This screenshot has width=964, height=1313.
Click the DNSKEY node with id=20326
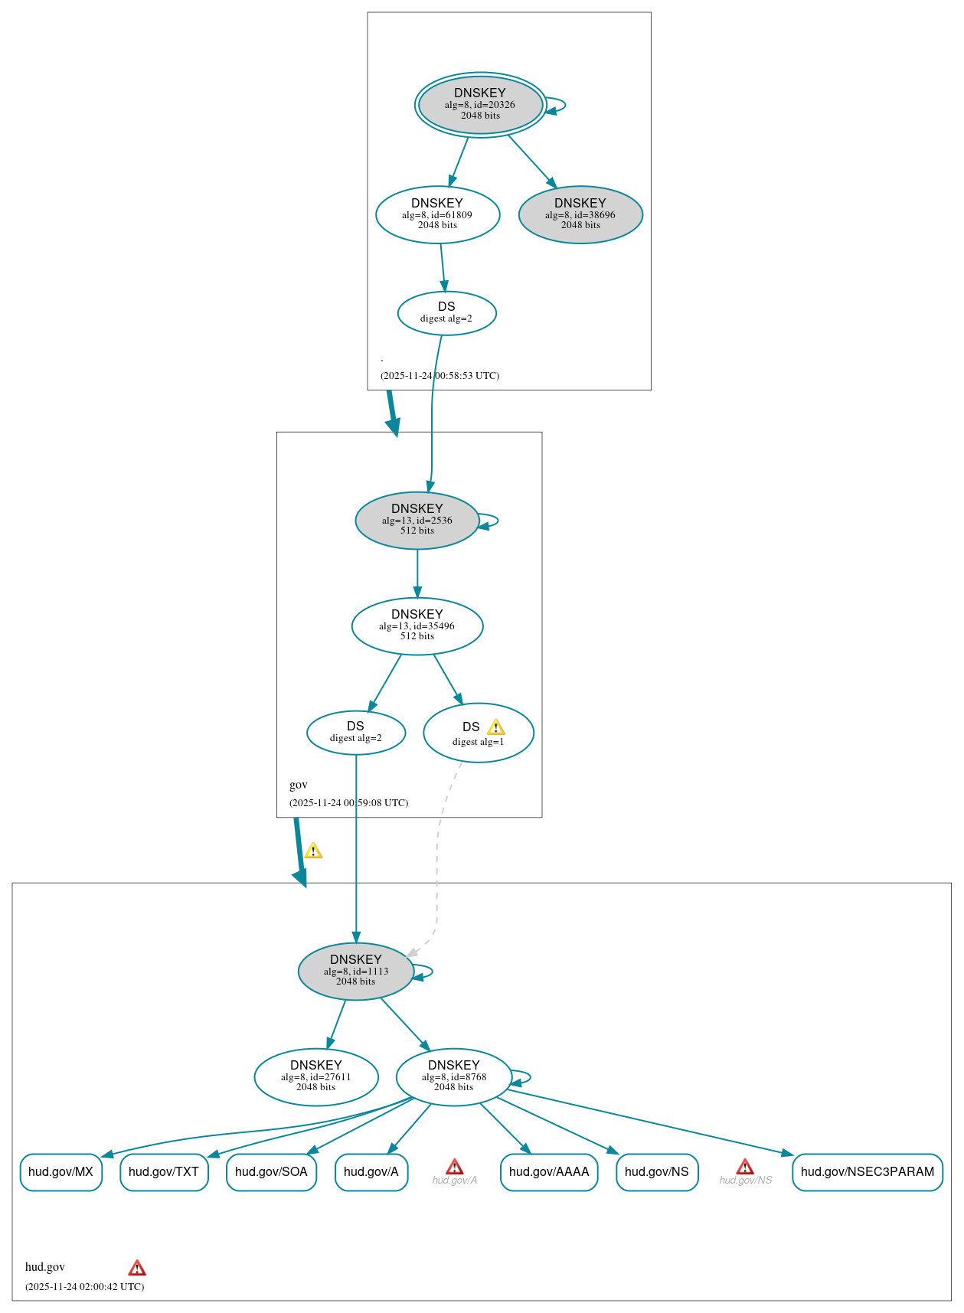pos(480,105)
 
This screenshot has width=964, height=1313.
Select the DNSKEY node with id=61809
pos(437,214)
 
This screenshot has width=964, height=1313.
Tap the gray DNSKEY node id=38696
pos(580,214)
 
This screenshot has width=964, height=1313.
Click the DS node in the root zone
pos(446,312)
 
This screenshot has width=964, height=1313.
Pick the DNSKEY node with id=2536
pos(417,520)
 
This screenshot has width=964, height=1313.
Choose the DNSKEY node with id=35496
pos(417,625)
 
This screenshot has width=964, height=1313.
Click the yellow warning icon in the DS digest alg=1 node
pos(496,727)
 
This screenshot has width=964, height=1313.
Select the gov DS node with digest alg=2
pos(356,732)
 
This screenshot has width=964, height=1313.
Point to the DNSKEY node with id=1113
pos(356,971)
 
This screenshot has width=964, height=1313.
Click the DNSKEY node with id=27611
pos(316,1076)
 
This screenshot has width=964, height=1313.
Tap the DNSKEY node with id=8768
pos(454,1076)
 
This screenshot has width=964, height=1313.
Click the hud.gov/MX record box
pos(61,1171)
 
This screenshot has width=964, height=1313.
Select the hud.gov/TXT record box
pos(164,1171)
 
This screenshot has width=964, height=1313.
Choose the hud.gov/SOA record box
pos(271,1171)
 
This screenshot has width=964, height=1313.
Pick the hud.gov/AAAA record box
pos(549,1171)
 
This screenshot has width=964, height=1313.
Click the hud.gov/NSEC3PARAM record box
pos(867,1171)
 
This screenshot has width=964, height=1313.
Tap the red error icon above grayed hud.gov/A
pos(455,1167)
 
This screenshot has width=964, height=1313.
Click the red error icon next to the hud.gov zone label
pos(137,1268)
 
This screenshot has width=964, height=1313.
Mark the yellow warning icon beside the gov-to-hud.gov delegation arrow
pos(313,851)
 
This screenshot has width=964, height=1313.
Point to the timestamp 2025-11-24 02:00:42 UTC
pos(85,1287)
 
